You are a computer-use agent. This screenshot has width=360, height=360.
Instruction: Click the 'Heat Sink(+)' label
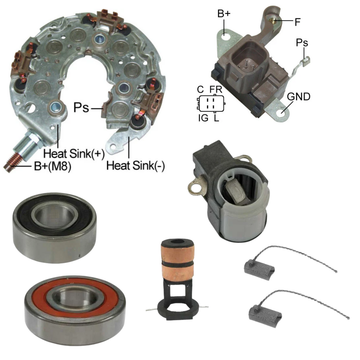(x=74, y=153)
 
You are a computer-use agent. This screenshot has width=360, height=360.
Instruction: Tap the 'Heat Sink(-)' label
(x=135, y=165)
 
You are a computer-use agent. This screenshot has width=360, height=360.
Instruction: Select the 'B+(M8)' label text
(x=53, y=166)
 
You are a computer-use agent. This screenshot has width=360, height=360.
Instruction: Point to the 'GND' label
(x=298, y=97)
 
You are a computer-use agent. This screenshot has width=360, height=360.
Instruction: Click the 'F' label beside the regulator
(x=297, y=22)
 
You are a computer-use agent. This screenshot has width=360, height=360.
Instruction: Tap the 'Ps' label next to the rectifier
(x=81, y=108)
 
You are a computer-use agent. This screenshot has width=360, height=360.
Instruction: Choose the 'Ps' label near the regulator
(x=302, y=43)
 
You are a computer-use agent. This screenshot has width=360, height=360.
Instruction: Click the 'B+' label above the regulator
(x=224, y=14)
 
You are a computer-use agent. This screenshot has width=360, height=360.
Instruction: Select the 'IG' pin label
(x=203, y=118)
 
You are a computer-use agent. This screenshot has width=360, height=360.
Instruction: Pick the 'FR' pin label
(x=216, y=90)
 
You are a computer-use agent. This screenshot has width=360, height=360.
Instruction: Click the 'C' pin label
(x=200, y=90)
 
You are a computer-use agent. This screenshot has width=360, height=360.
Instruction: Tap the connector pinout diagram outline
(x=211, y=104)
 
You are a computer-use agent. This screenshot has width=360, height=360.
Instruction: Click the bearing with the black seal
(x=54, y=227)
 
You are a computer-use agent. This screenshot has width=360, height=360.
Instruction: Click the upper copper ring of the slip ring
(x=178, y=253)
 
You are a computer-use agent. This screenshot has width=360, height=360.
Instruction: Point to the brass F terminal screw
(x=273, y=21)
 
